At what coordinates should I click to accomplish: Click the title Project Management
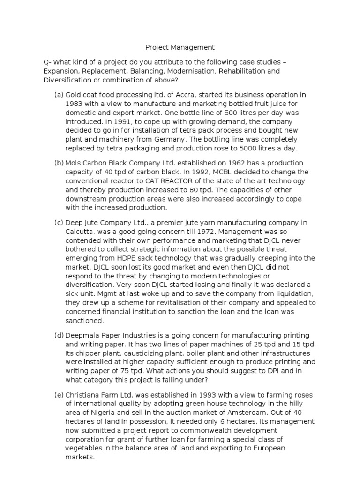180,47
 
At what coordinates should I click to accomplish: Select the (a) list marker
59,95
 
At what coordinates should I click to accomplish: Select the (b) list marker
59,163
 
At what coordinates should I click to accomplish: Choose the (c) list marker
59,222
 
